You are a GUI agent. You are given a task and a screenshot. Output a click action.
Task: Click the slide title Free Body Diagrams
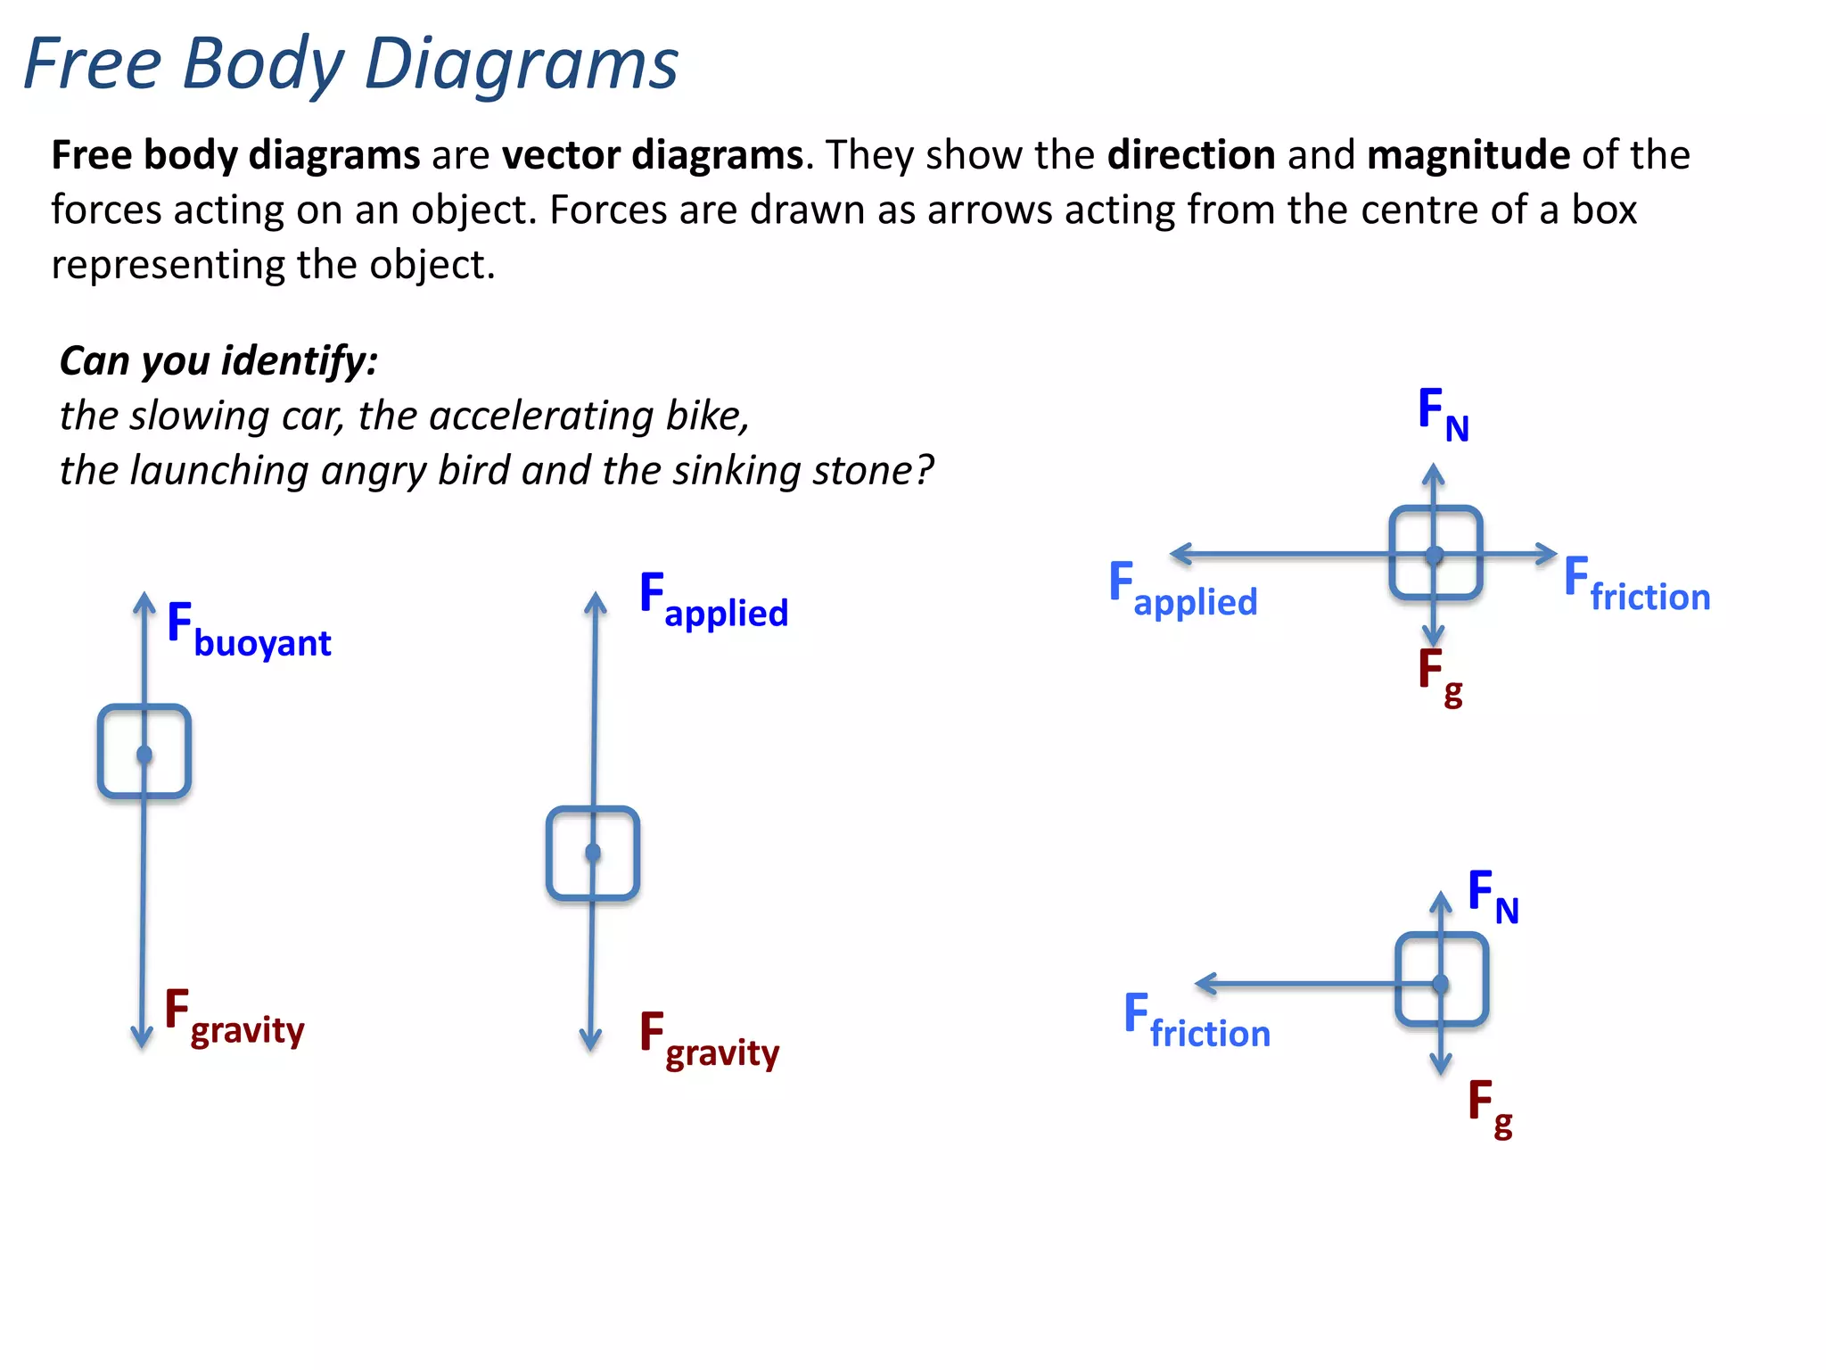(x=350, y=64)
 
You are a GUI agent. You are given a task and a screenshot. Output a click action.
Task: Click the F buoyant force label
(x=249, y=631)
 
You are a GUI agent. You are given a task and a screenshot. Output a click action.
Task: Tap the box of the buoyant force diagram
(x=144, y=751)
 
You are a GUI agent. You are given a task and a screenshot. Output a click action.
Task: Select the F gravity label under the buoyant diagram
(x=235, y=1018)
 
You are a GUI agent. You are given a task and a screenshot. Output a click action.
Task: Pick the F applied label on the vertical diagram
(x=714, y=600)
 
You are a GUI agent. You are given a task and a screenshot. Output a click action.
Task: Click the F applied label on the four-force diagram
(x=1182, y=590)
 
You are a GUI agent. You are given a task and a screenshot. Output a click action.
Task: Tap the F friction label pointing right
(x=1637, y=585)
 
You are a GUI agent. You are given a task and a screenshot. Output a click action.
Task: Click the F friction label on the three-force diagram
(x=1197, y=1022)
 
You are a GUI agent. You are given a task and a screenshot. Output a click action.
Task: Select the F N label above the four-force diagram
(x=1443, y=415)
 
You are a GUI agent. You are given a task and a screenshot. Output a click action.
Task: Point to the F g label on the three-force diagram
(x=1490, y=1108)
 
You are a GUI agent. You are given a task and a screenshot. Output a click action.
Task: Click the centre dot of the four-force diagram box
(x=1434, y=555)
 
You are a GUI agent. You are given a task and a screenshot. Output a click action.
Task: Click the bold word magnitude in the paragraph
(x=1468, y=155)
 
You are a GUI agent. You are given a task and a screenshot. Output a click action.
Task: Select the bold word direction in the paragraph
(x=1190, y=155)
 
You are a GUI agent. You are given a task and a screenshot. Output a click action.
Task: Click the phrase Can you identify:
(x=219, y=361)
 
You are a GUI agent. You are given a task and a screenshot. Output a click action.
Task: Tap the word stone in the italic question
(x=863, y=470)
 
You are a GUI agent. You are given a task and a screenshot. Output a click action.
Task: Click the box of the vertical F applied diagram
(x=593, y=854)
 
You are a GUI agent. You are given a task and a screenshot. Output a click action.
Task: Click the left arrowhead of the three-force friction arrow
(x=1203, y=984)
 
